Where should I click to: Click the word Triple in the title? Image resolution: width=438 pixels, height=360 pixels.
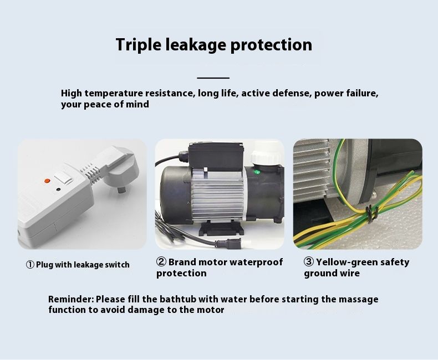[138, 45]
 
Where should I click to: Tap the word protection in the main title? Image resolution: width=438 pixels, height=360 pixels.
[271, 45]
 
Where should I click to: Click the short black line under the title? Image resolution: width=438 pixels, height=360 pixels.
[213, 78]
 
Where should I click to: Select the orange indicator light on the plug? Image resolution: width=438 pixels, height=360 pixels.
[47, 181]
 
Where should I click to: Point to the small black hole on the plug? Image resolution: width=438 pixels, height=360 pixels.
[58, 189]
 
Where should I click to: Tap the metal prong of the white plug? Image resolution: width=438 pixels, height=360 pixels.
[121, 191]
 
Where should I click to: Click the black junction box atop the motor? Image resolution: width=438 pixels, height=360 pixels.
[216, 156]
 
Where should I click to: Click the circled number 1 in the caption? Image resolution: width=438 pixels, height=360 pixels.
[30, 265]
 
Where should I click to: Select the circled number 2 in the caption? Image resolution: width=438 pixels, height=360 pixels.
[161, 262]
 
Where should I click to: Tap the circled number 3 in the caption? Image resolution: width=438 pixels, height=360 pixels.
[309, 262]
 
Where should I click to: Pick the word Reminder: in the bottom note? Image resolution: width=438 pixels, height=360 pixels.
[71, 299]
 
